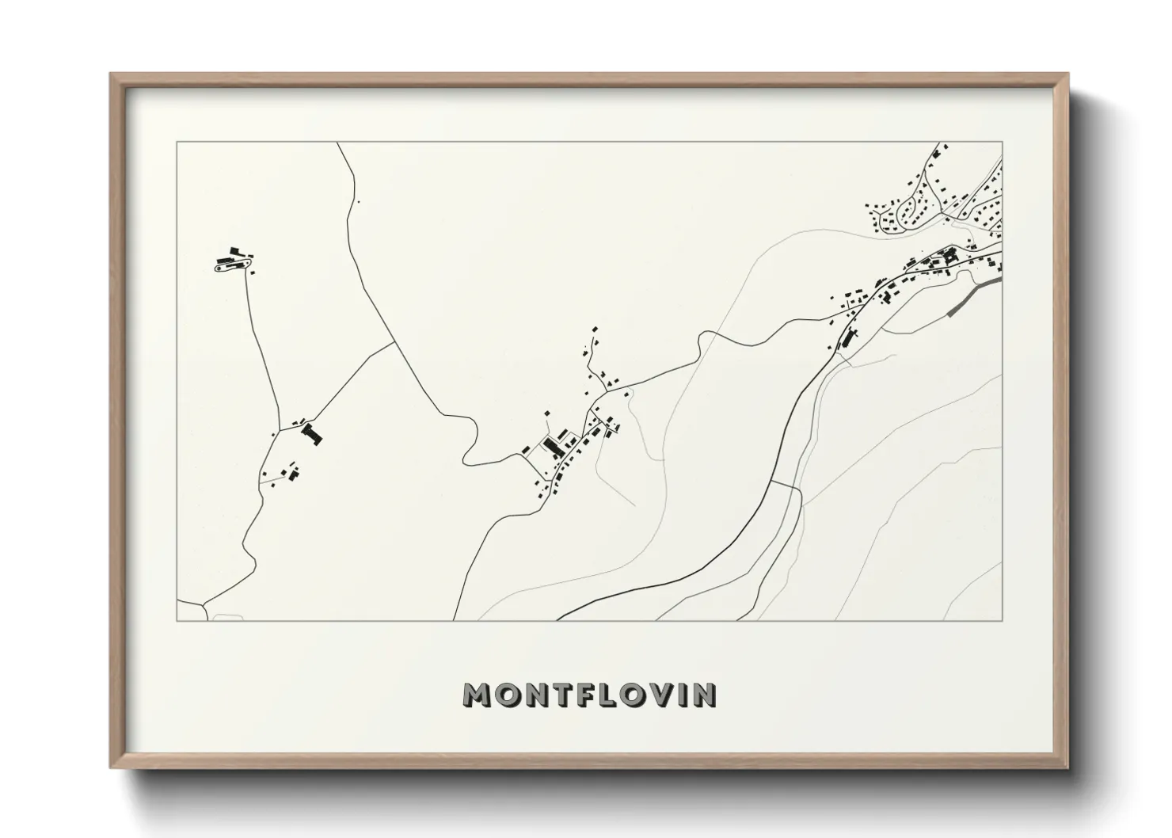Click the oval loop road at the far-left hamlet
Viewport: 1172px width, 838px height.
coord(234,264)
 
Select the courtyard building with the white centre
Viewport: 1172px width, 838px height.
coord(949,256)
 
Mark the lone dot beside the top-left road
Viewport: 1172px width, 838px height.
coord(358,202)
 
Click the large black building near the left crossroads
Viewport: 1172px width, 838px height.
coord(312,433)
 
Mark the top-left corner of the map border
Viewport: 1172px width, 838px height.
coord(177,143)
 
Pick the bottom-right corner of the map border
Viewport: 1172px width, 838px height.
coord(1002,620)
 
